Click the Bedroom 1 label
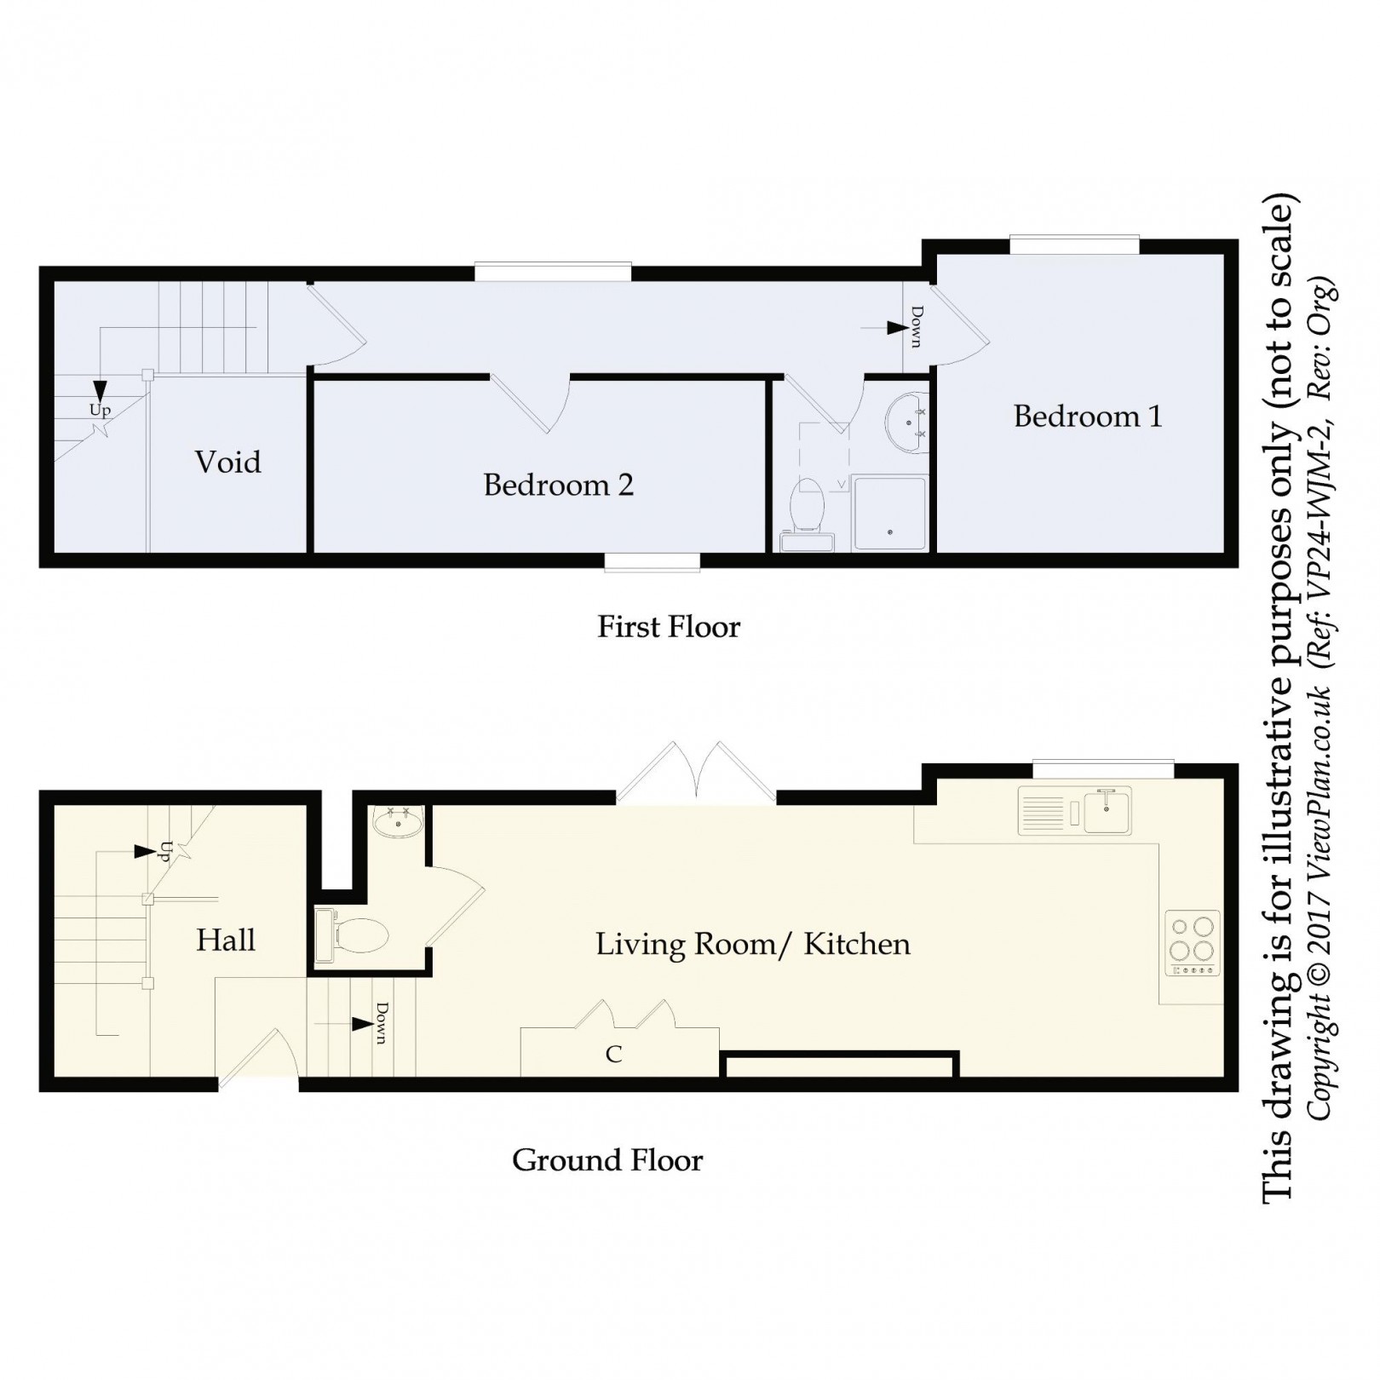(1088, 417)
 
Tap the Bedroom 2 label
(558, 485)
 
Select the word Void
(227, 462)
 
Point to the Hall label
(226, 940)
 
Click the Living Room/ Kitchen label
(753, 944)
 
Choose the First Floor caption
(669, 627)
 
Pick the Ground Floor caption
(607, 1160)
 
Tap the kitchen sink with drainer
(1075, 810)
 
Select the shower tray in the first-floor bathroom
(889, 513)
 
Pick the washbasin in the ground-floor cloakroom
(398, 823)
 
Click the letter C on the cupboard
(613, 1055)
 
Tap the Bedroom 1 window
(1075, 245)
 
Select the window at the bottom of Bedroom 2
(653, 561)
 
